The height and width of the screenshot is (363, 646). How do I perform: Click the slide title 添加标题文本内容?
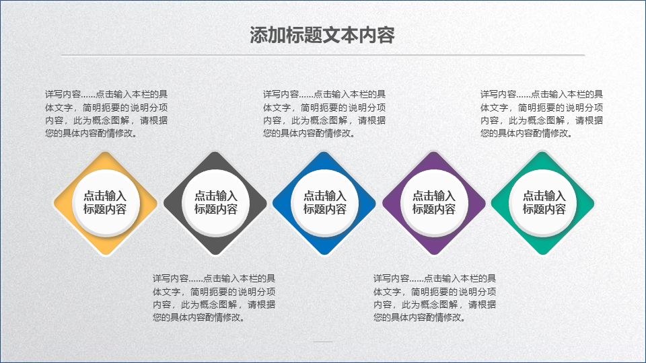322,36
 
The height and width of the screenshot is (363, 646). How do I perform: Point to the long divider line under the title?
323,54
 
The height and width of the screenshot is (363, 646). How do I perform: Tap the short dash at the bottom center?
323,341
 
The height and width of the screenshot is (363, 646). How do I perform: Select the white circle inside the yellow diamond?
106,202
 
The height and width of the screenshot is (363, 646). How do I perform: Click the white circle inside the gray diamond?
215,202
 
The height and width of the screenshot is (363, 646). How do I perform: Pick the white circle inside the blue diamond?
324,202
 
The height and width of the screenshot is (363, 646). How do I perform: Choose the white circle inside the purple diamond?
434,202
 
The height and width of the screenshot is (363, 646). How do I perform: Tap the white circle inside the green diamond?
543,202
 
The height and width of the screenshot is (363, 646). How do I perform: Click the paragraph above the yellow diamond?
106,114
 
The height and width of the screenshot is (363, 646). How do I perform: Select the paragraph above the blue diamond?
324,114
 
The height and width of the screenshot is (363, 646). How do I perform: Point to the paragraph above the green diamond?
541,114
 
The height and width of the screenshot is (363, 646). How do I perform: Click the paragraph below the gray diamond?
214,298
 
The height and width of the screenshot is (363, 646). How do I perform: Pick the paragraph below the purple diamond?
435,298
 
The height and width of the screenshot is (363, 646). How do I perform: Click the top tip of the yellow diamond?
106,152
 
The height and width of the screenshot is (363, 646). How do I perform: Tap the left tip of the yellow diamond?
54,203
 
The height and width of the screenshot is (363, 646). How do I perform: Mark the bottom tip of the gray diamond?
215,255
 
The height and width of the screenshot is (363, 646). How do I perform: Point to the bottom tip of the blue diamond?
324,255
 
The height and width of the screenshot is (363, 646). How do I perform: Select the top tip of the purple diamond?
434,152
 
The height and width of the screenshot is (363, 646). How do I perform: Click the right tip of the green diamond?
594,203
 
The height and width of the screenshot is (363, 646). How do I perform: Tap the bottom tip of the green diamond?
543,255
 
